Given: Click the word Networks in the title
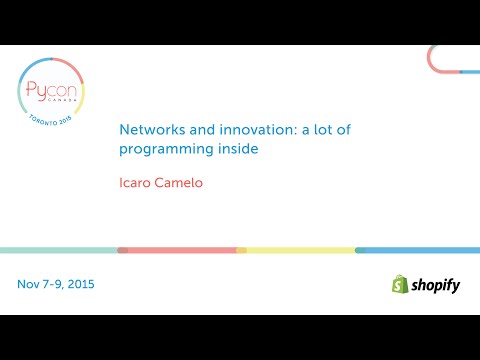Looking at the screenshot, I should (x=146, y=130).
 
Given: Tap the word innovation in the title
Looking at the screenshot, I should (x=221, y=130).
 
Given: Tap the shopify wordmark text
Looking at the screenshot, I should (x=436, y=286).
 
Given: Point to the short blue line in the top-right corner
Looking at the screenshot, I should (x=470, y=72).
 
